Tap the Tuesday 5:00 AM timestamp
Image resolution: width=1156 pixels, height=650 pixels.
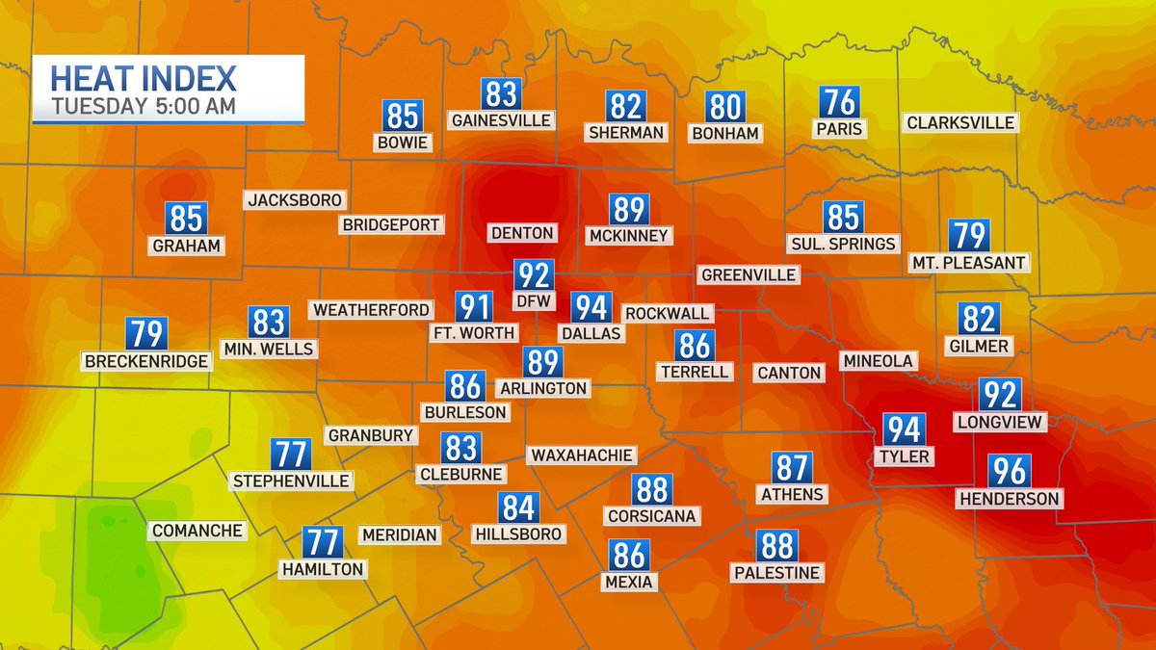click(x=143, y=106)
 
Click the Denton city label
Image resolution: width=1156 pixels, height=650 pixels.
click(x=522, y=233)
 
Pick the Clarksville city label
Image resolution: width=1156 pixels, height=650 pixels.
click(x=960, y=122)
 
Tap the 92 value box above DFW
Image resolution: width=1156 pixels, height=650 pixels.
click(x=533, y=275)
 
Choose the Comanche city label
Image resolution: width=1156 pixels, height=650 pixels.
click(x=197, y=531)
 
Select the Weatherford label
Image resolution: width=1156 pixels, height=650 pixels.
click(x=370, y=310)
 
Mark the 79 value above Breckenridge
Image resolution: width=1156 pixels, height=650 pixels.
click(x=146, y=334)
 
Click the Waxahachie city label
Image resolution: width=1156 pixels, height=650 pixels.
click(x=581, y=455)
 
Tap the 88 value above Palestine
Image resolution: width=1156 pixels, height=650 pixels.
click(x=775, y=546)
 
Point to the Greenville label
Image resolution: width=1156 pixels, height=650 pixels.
click(x=749, y=274)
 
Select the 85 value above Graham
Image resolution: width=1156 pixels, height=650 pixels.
click(x=186, y=219)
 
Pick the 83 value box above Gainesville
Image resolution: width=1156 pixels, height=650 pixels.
click(x=501, y=94)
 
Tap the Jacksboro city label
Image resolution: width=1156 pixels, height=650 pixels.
click(x=295, y=200)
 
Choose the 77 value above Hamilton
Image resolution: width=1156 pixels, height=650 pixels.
click(x=322, y=543)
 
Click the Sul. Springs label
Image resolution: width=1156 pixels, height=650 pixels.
click(x=842, y=244)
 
